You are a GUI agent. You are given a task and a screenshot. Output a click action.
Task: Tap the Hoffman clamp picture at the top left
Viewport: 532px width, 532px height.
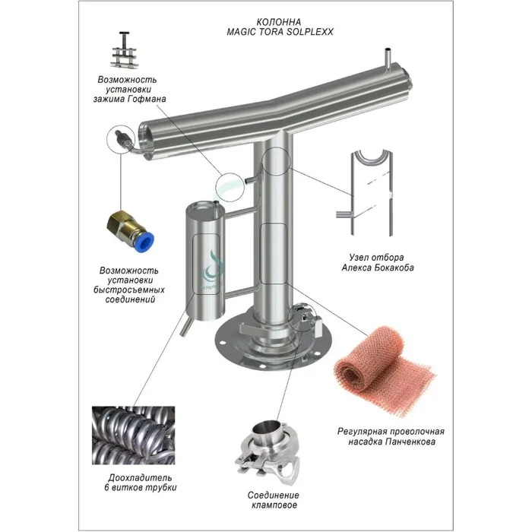tap(123, 49)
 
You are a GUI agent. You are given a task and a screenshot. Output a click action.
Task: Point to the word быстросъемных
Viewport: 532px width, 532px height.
tap(129, 290)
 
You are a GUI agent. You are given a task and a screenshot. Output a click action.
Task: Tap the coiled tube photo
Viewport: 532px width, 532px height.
tap(133, 435)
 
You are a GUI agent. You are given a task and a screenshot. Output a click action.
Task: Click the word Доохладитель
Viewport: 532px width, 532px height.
tap(140, 478)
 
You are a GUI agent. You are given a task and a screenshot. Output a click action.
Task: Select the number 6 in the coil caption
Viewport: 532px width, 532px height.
tap(107, 488)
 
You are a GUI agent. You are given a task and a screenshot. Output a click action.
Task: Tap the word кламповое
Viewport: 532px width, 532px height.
tap(274, 505)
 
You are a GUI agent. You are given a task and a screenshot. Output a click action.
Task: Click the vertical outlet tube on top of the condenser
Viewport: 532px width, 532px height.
tap(388, 58)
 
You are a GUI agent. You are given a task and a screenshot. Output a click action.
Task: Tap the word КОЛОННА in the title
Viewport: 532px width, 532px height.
tap(279, 22)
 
